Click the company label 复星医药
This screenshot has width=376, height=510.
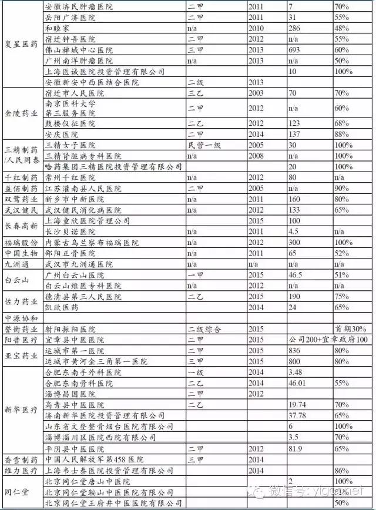(22, 43)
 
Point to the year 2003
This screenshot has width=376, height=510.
(256, 93)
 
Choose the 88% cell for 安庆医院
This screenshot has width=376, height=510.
(343, 134)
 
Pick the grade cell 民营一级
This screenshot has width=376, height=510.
(205, 145)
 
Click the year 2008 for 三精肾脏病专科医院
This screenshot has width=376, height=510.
(256, 156)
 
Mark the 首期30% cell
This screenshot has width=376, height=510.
(351, 328)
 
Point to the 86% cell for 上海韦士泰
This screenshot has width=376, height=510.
(343, 470)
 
